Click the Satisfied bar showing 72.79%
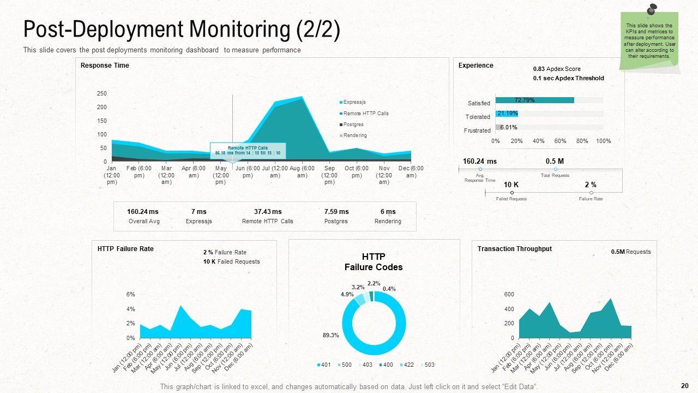(x=534, y=100)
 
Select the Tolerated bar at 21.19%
(x=507, y=114)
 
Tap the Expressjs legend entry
(x=354, y=102)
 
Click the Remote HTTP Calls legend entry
(x=365, y=114)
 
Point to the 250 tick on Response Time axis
(x=102, y=93)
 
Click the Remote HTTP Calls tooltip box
(x=248, y=151)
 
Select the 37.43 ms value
(x=268, y=212)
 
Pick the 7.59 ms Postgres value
(x=336, y=212)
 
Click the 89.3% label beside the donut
(x=330, y=335)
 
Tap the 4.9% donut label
(x=347, y=294)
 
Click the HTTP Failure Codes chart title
(x=374, y=262)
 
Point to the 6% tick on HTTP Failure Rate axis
(x=130, y=294)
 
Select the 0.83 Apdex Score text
(x=557, y=69)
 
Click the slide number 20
(x=685, y=385)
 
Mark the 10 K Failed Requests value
(x=511, y=185)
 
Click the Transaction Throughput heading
(x=514, y=249)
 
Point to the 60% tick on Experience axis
(x=560, y=141)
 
